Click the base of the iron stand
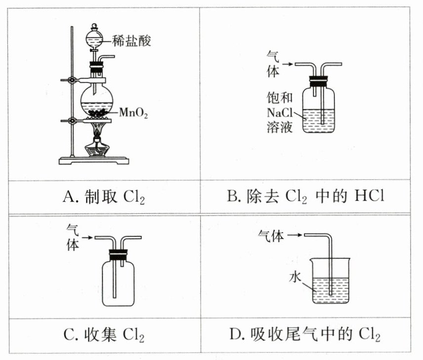click(x=94, y=160)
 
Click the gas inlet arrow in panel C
click(x=87, y=239)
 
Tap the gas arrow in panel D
click(x=295, y=236)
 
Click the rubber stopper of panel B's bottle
click(x=319, y=79)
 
